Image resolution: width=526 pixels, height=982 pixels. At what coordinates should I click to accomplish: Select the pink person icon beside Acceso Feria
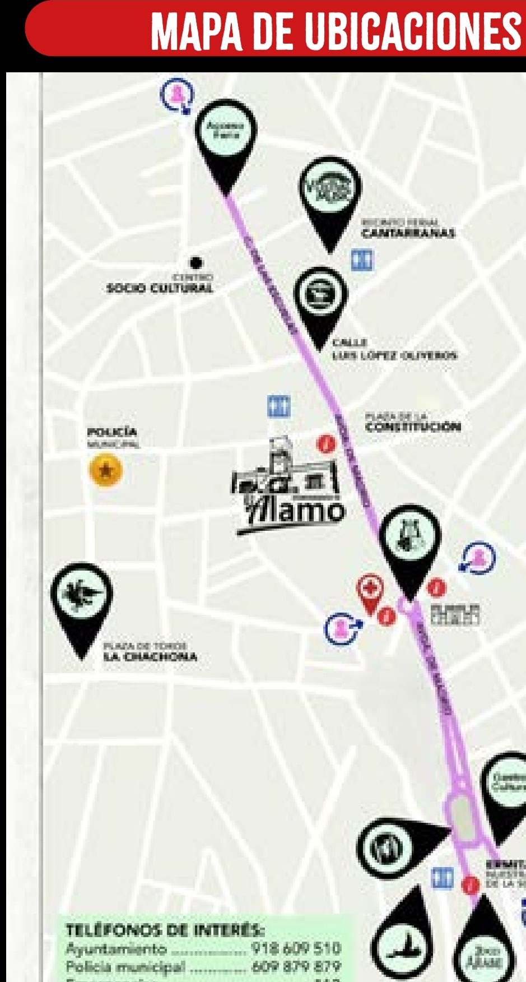[178, 94]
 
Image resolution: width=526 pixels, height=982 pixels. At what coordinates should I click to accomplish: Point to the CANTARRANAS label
[408, 233]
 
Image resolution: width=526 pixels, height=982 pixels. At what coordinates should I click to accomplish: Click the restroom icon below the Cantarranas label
[362, 260]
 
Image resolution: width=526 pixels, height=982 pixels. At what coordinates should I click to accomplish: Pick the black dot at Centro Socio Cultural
[195, 262]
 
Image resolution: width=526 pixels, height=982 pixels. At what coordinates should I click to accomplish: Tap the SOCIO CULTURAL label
[160, 288]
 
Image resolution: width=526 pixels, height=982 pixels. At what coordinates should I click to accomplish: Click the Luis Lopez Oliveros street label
[394, 355]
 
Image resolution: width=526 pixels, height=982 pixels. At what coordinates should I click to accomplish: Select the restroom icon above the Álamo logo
[278, 406]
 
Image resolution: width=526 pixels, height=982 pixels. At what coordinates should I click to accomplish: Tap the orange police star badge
[105, 470]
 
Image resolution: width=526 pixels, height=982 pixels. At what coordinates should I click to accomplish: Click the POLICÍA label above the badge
[112, 432]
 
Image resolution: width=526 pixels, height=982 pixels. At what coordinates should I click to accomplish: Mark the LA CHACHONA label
[150, 656]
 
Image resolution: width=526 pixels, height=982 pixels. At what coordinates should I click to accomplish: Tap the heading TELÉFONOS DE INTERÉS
[164, 930]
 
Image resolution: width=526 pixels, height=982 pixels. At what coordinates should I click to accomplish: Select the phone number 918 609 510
[296, 948]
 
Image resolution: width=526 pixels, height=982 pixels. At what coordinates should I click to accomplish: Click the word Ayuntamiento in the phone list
[116, 949]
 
